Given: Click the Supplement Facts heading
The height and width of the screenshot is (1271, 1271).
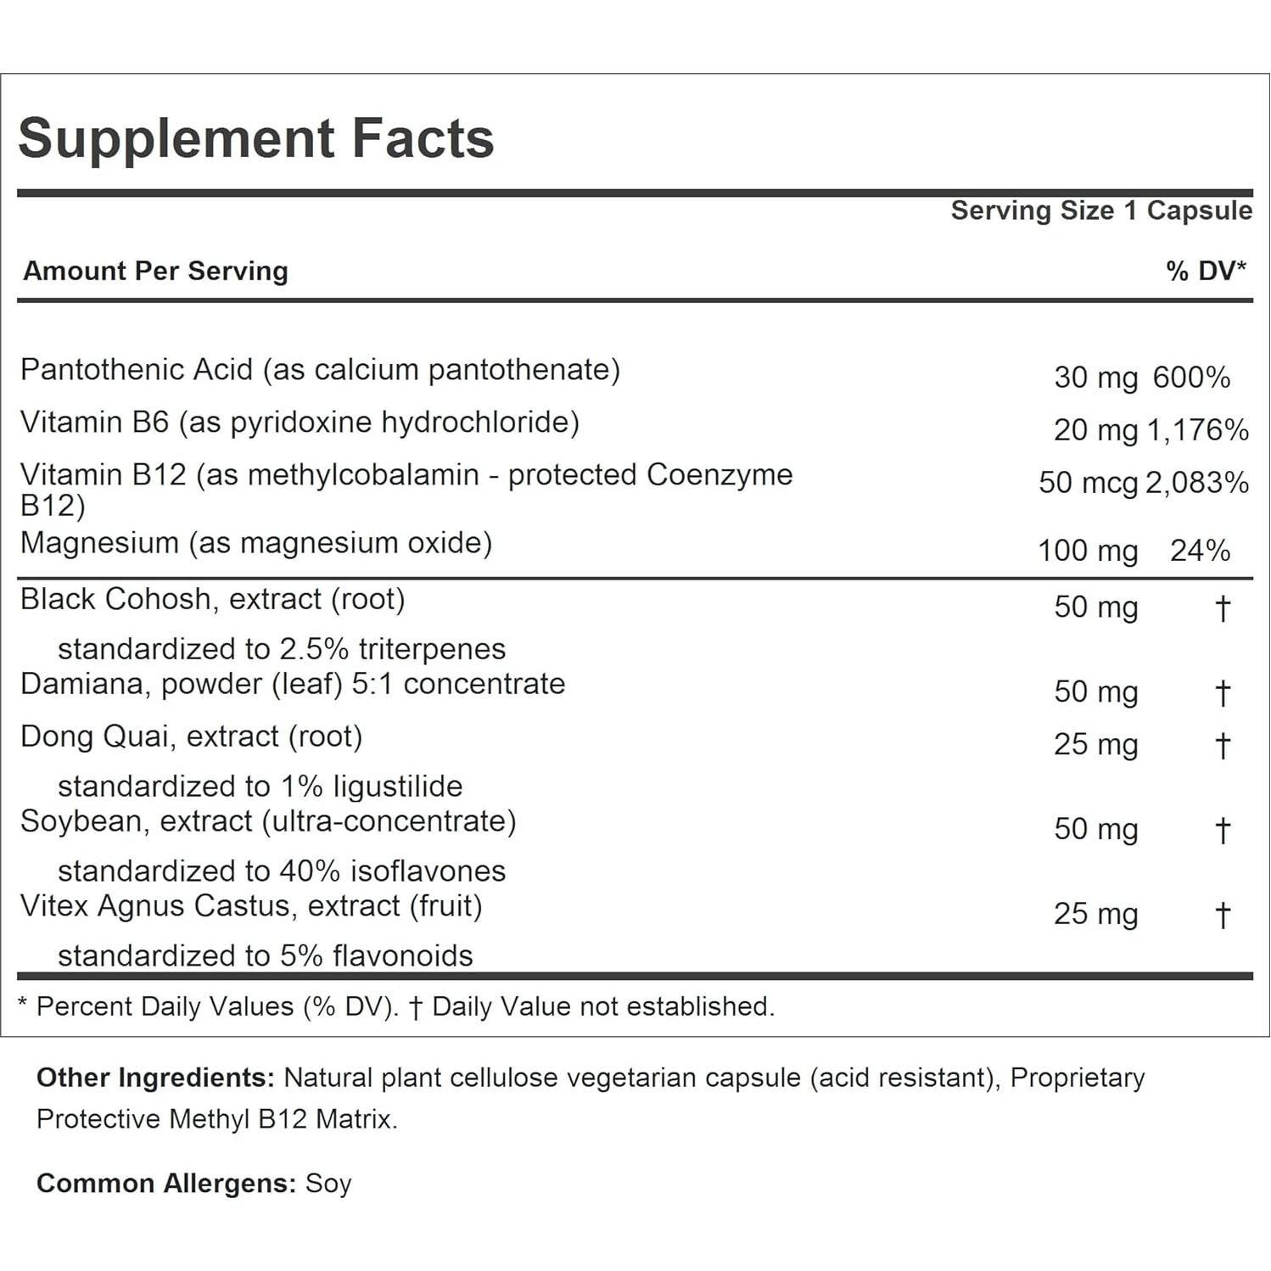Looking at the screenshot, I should point(255,138).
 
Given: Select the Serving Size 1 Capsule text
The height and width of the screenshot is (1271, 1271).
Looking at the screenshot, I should point(1100,210).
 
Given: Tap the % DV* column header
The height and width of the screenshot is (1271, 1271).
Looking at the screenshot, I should point(1205,271).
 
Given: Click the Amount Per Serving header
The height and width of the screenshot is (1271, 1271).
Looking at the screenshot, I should point(155,271).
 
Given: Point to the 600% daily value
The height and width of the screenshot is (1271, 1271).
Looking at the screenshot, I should point(1191,378).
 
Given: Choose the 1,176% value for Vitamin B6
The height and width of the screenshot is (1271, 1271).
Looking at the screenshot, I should point(1197,430).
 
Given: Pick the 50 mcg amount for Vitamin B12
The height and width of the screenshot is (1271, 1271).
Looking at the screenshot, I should point(1088,483).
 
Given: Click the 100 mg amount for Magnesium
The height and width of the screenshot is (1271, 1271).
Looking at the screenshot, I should point(1087,551).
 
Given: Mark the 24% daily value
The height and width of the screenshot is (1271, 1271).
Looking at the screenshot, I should point(1200,551).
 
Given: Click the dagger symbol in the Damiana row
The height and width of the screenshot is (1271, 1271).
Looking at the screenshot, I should point(1222,692).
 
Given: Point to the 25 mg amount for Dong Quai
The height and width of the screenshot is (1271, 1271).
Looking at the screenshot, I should point(1095,745).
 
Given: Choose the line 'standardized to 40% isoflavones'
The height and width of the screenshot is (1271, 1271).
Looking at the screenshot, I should point(281,871).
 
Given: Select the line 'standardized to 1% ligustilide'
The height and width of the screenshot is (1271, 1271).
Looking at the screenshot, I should point(260,787).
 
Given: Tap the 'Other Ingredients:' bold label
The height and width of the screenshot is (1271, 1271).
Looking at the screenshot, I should point(155,1078).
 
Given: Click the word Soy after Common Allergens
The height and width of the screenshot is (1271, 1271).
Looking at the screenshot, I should point(328,1184).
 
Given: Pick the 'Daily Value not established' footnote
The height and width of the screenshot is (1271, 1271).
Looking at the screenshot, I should point(602,1006).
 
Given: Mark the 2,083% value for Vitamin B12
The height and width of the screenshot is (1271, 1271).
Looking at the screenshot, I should point(1197,483).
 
